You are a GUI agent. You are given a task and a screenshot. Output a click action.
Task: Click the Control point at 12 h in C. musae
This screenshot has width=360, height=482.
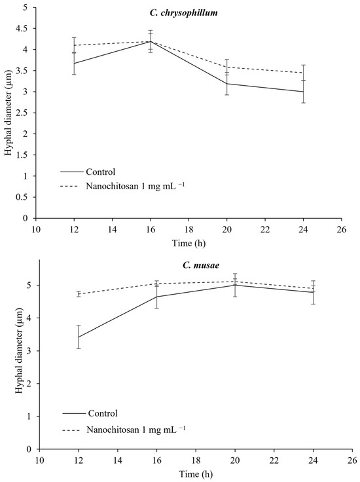tap(79, 337)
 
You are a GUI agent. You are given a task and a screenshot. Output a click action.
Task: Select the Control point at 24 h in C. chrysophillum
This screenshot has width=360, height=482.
tap(321, 92)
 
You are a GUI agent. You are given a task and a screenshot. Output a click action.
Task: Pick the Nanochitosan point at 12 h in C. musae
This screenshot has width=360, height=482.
tap(79, 294)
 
